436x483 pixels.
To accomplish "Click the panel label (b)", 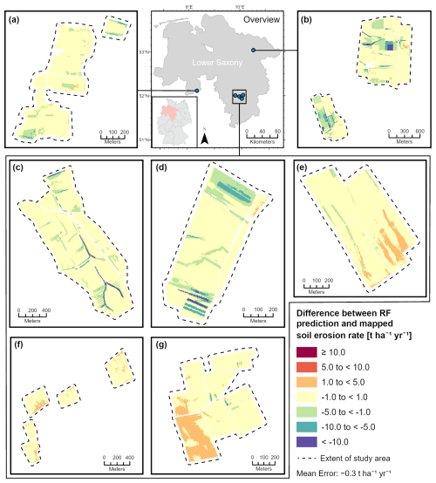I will pos(306,18).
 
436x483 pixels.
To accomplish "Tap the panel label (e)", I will pos(303,168).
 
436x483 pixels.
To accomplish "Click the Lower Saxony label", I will pos(215,64).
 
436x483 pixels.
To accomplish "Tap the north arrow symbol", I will pos(203,136).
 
